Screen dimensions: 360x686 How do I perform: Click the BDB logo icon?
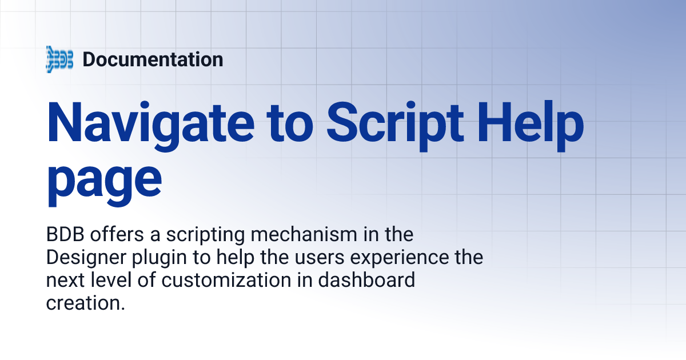pos(59,59)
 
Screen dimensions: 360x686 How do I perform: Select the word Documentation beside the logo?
pos(153,59)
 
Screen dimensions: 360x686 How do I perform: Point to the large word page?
pos(104,178)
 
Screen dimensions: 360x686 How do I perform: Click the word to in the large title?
pos(284,123)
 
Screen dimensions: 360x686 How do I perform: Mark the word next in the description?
pos(64,281)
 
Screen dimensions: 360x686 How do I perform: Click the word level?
pos(108,281)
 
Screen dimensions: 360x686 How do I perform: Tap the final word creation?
pos(85,303)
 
